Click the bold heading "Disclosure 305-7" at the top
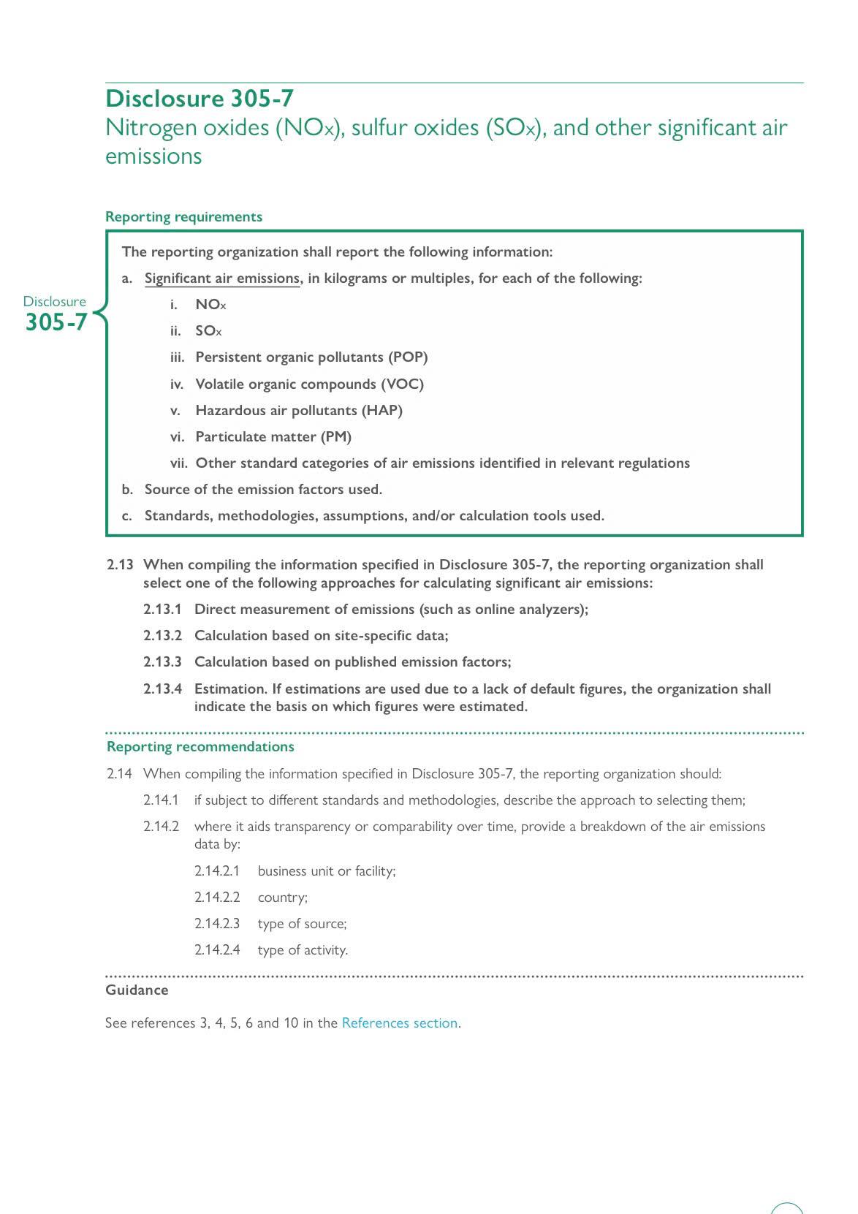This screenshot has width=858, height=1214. [200, 99]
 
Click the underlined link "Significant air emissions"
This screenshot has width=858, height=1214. [222, 278]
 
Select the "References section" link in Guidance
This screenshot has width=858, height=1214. [400, 1023]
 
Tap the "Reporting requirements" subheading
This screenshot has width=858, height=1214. [183, 217]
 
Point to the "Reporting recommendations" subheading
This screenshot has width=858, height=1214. [200, 747]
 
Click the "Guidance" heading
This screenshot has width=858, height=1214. [137, 990]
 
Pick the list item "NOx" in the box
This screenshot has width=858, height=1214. [210, 305]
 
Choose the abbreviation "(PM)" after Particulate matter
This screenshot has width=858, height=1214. [336, 437]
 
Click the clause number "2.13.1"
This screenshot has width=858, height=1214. [162, 610]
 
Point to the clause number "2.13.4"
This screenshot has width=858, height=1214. [162, 689]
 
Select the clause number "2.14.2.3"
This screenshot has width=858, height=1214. [217, 924]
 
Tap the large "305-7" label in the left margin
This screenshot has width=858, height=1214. [56, 322]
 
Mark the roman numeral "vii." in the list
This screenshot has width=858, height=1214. [179, 463]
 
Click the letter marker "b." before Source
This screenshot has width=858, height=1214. [128, 490]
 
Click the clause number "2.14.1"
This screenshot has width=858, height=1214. [161, 800]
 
